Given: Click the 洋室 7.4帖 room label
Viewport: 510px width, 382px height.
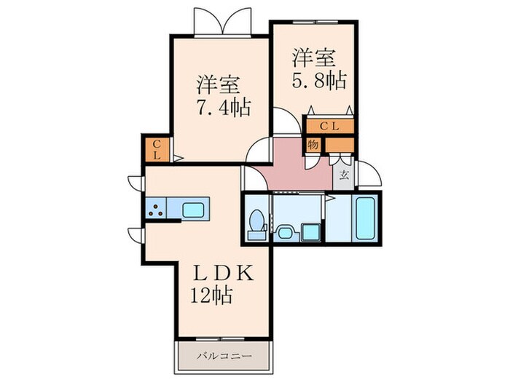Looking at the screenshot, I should (223, 95).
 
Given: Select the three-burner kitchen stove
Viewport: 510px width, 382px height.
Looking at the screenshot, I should (157, 210).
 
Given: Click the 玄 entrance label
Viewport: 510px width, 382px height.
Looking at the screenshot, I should (344, 175).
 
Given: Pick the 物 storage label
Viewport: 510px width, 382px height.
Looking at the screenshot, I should (313, 145).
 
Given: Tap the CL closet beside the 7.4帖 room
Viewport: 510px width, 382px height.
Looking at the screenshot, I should (157, 150).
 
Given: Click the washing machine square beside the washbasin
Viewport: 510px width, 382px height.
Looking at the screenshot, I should (310, 232).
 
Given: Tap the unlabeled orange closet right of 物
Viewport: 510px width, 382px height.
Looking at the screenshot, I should (338, 144).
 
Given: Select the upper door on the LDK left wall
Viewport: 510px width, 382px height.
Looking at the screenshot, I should (134, 184).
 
